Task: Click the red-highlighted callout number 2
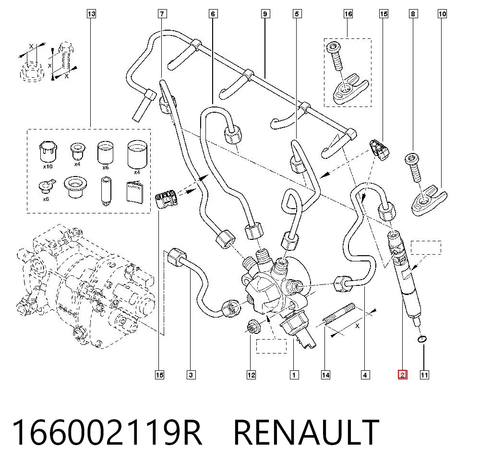point(402,375)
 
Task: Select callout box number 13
point(91,14)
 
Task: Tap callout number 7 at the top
point(162,14)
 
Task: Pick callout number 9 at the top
point(265,14)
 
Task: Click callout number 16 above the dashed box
point(348,14)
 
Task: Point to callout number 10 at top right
point(443,14)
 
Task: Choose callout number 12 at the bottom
point(251,375)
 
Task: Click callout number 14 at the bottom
point(325,375)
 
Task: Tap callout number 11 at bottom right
point(424,375)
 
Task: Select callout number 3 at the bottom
point(191,375)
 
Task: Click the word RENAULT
point(306,432)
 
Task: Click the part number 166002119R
point(107,432)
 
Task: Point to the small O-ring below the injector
point(422,339)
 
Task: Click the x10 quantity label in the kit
point(48,167)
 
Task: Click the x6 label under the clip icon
point(46,199)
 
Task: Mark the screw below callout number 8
point(414,168)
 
